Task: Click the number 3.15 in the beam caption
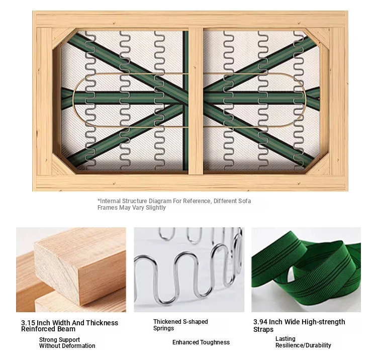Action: pyautogui.click(x=28, y=323)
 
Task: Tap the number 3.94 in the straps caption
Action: pyautogui.click(x=260, y=322)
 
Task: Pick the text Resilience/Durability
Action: pyautogui.click(x=303, y=345)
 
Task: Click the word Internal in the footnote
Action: pyautogui.click(x=110, y=201)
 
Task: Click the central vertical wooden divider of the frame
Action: pyautogui.click(x=196, y=101)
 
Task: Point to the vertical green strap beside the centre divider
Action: pyautogui.click(x=185, y=101)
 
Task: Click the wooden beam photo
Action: pyautogui.click(x=71, y=269)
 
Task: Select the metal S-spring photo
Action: pyautogui.click(x=189, y=269)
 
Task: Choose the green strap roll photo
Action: pyautogui.click(x=306, y=269)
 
